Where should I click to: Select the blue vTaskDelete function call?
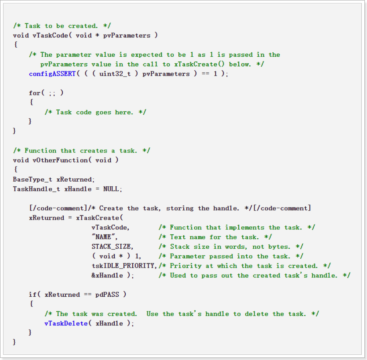click(x=66, y=324)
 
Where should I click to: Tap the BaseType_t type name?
click(x=32, y=179)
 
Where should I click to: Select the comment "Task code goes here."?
click(x=95, y=112)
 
